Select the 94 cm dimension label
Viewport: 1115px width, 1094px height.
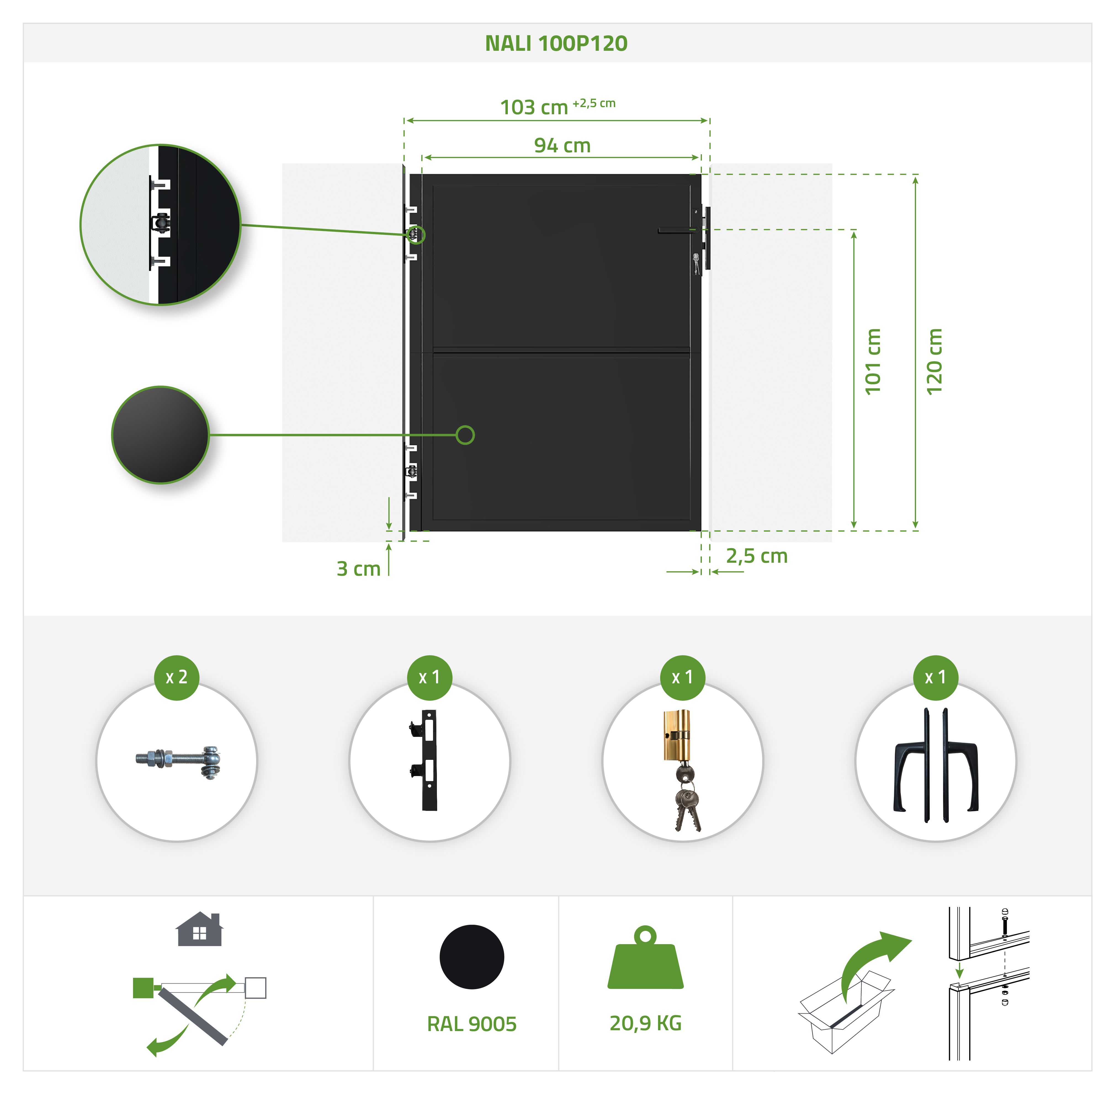coord(562,145)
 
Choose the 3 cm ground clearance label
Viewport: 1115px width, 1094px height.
coord(359,569)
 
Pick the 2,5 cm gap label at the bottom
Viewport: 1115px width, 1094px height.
coord(756,556)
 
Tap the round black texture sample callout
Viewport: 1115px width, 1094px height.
coord(160,435)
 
